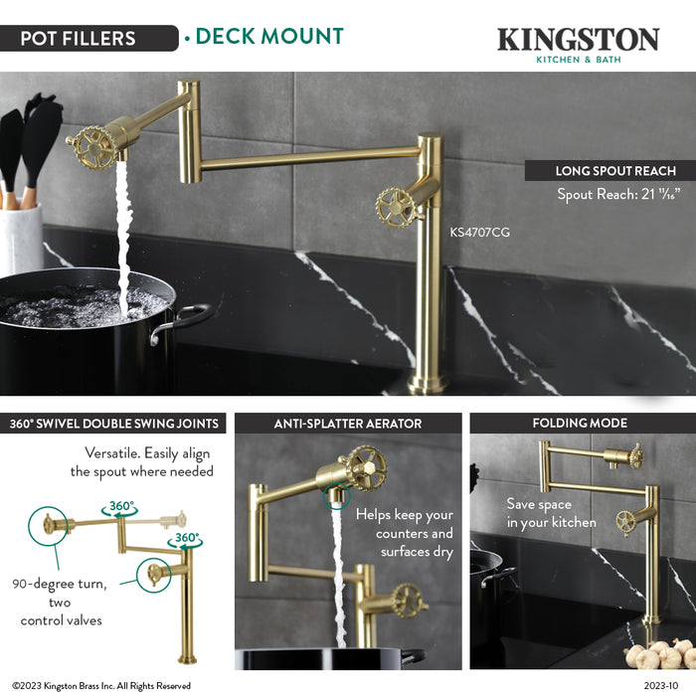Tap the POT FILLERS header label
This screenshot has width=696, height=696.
pyautogui.click(x=79, y=38)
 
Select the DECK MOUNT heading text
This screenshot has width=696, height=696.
pyautogui.click(x=269, y=37)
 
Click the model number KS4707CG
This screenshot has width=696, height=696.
pyautogui.click(x=480, y=232)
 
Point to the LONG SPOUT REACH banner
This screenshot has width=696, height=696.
pyautogui.click(x=609, y=170)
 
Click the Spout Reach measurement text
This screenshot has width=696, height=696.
pyautogui.click(x=618, y=194)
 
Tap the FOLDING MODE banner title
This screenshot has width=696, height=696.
pyautogui.click(x=580, y=423)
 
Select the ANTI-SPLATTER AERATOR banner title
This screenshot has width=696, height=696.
pyautogui.click(x=348, y=424)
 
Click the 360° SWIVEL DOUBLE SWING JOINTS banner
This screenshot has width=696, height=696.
pyautogui.click(x=113, y=424)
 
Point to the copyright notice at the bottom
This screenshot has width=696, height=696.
pyautogui.click(x=101, y=686)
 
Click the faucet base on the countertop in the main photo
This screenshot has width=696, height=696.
pyautogui.click(x=428, y=384)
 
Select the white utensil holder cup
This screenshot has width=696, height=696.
pyautogui.click(x=21, y=239)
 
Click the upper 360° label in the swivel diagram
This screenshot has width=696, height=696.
pyautogui.click(x=121, y=506)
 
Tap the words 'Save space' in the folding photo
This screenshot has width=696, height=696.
pyautogui.click(x=539, y=504)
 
